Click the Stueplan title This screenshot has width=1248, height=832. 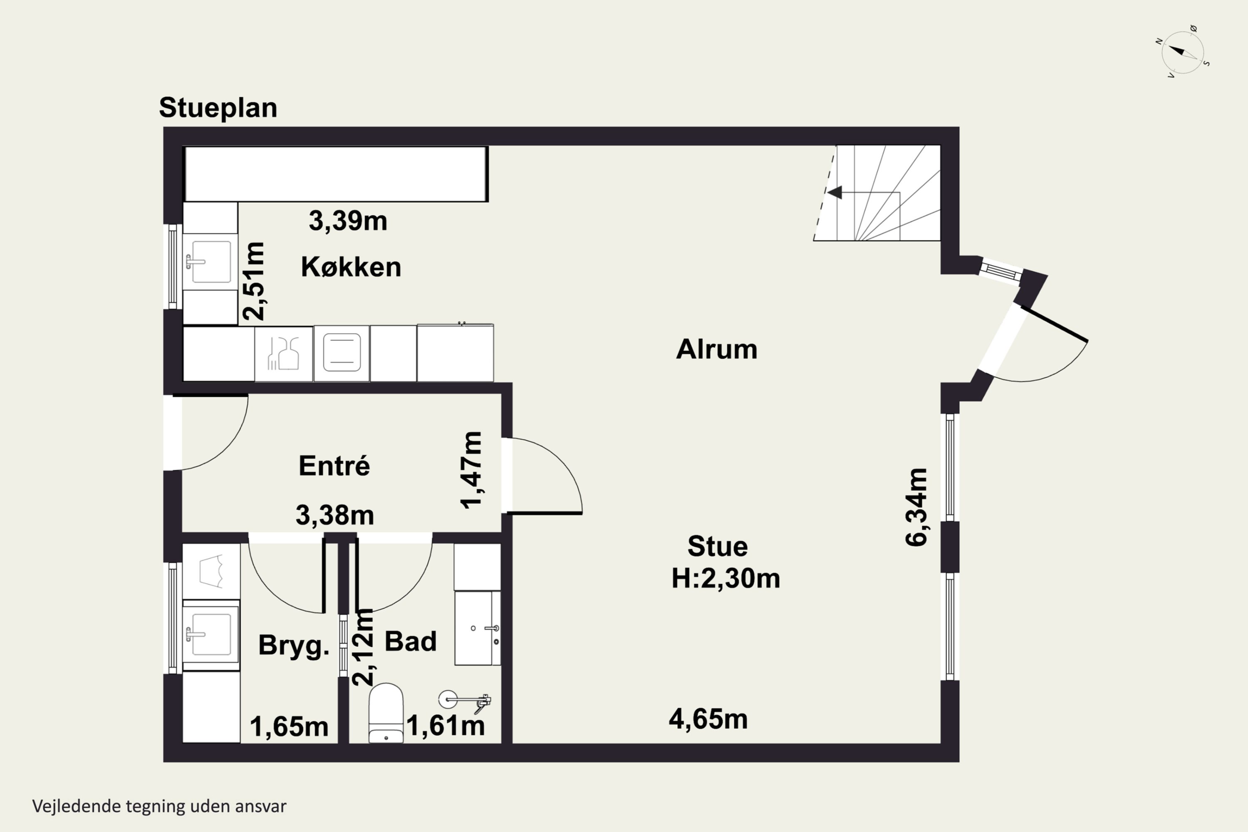(218, 108)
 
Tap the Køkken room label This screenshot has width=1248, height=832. (351, 267)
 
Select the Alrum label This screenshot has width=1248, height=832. (716, 349)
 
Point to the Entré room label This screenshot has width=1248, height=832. (334, 466)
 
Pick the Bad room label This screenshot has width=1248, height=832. (411, 641)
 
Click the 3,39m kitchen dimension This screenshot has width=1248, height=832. (348, 221)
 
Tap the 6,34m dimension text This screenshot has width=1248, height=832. (916, 507)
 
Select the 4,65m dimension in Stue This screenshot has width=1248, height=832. (708, 720)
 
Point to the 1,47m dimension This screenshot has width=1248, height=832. (471, 470)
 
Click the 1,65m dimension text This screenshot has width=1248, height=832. (289, 726)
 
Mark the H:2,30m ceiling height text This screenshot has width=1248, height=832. (726, 578)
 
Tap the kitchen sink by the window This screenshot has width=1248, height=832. (210, 262)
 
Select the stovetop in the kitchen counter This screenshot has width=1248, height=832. (342, 353)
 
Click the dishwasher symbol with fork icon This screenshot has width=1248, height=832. (283, 353)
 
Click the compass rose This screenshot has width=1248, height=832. (1182, 52)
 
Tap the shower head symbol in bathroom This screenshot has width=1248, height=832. (448, 699)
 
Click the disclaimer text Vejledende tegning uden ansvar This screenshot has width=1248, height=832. (159, 806)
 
